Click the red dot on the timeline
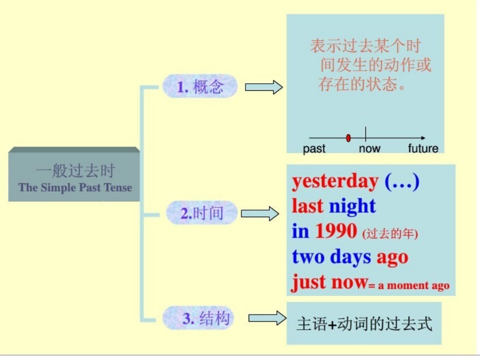(348, 138)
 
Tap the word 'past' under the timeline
(314, 148)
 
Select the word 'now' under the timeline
(369, 148)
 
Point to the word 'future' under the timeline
(423, 148)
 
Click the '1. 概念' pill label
(200, 87)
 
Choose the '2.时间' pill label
(202, 213)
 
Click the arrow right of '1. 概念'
(264, 87)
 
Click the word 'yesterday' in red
(335, 181)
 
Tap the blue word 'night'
(352, 206)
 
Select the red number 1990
(336, 231)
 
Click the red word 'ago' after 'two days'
(392, 258)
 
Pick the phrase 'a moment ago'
(413, 286)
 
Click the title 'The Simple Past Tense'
(75, 188)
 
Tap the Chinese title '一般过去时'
(75, 171)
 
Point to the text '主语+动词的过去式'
(364, 324)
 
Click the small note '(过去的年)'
(390, 234)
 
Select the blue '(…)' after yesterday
(402, 181)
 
